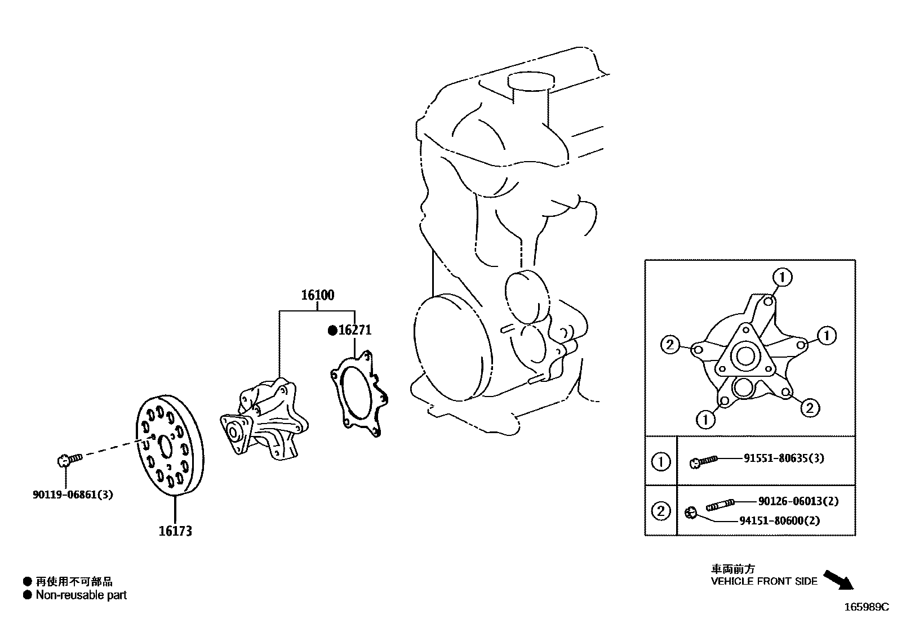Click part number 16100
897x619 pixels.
tap(317, 295)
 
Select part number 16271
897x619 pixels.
tap(355, 330)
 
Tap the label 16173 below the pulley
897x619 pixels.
tap(175, 531)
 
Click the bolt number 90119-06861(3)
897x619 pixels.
tap(73, 495)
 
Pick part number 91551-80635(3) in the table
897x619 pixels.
tap(783, 458)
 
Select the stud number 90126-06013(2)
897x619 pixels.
tap(798, 501)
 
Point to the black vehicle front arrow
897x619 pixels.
tap(838, 579)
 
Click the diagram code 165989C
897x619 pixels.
tap(865, 607)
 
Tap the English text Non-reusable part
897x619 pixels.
tap(81, 595)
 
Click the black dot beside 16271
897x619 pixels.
tap(332, 331)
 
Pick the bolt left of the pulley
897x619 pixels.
tap(69, 460)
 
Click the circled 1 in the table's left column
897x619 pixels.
tap(660, 462)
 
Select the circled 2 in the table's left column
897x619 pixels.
tap(660, 511)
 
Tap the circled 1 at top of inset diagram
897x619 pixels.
tap(782, 277)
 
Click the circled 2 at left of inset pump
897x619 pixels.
tap(670, 344)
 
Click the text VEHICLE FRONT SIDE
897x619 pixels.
tap(764, 581)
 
